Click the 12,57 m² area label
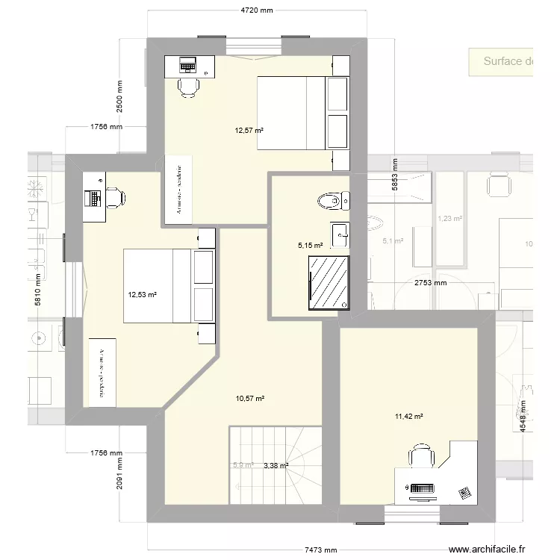249,131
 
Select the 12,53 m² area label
143,294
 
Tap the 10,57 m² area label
250,399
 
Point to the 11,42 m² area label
408,417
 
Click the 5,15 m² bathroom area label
310,245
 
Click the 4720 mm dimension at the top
256,10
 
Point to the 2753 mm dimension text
430,283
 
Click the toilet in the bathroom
332,200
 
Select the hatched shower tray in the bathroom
329,281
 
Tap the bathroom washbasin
340,234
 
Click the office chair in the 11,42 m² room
420,456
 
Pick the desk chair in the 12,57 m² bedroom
188,87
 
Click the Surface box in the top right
501,61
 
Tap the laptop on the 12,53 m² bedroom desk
93,197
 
